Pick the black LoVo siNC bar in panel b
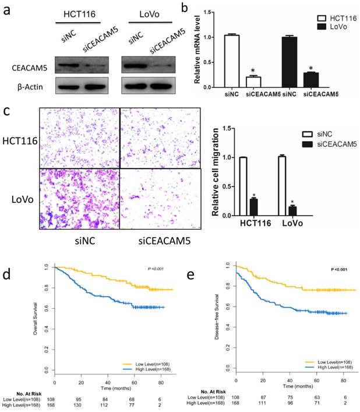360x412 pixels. [302, 61]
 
